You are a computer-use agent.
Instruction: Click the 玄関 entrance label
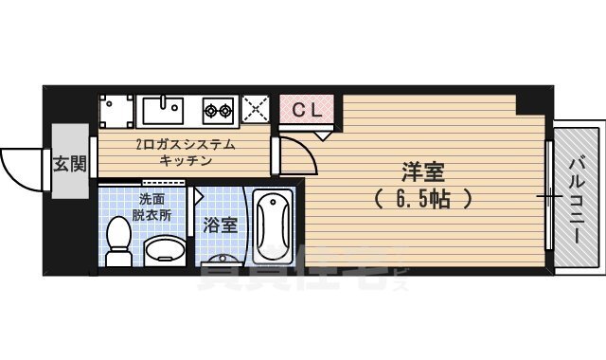(68, 163)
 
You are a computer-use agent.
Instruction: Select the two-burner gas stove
(217, 110)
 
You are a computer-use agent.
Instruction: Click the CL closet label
(305, 109)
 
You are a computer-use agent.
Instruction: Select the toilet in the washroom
(118, 243)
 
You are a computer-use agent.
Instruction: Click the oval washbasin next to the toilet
(165, 250)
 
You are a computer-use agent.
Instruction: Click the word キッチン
(186, 161)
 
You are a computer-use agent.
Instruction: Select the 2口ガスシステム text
(186, 145)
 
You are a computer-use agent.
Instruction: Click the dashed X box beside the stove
(255, 109)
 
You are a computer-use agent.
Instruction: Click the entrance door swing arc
(21, 169)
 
